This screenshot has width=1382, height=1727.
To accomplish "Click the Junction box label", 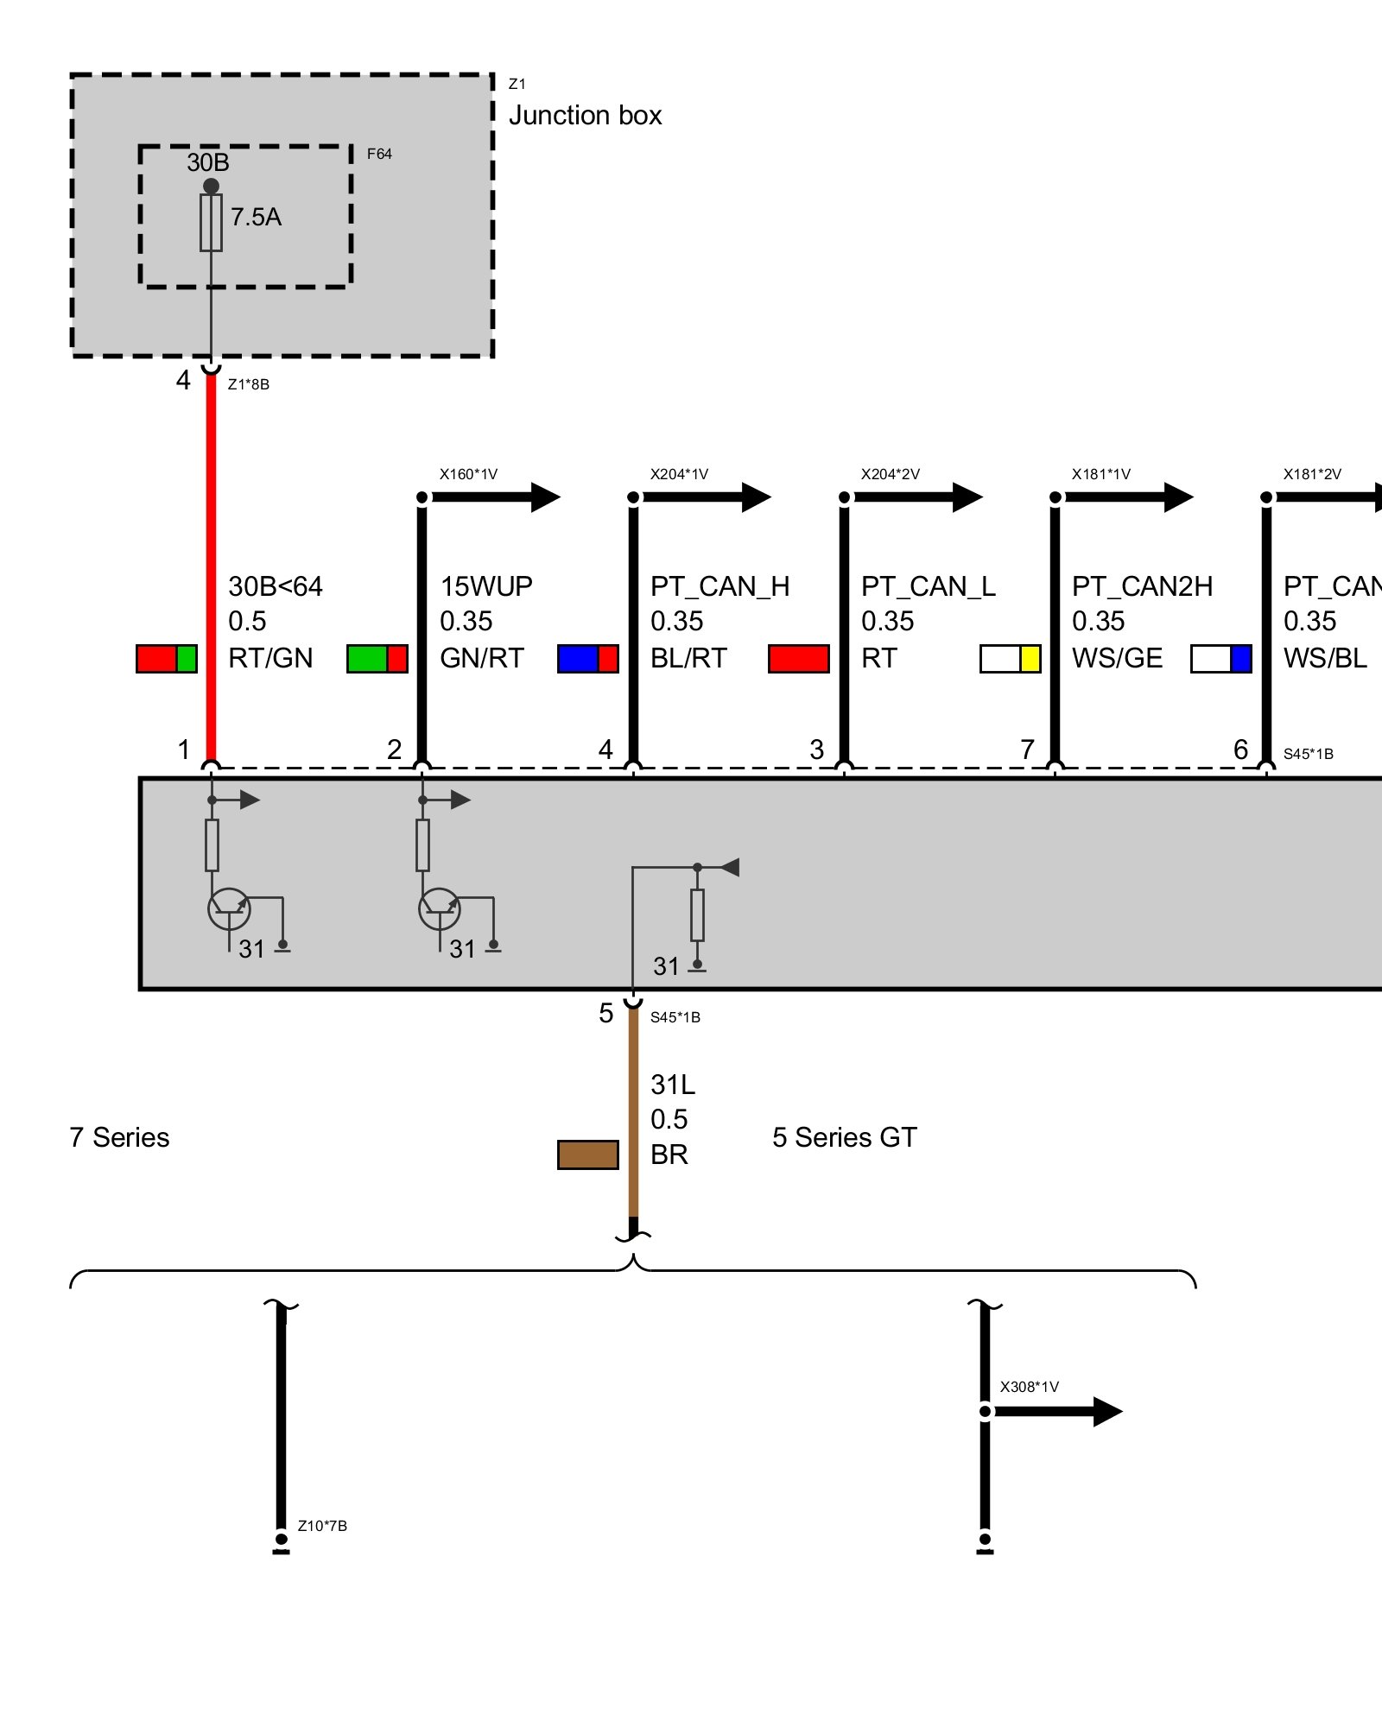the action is [585, 116].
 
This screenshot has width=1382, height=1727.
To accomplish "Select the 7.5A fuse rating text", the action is [256, 217].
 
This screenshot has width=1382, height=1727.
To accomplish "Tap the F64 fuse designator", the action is [379, 154].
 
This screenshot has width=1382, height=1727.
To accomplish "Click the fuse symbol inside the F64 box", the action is [211, 223].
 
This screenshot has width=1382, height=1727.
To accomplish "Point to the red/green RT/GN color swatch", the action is [167, 659].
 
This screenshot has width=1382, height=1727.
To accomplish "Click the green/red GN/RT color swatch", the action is [377, 659].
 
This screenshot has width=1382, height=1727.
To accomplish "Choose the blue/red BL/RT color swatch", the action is [588, 659].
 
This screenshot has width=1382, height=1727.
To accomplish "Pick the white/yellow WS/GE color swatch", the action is [1011, 659].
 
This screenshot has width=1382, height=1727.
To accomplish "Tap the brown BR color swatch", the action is [588, 1154].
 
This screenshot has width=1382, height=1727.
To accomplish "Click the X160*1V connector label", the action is [468, 474].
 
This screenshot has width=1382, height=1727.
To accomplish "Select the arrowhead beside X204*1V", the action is [756, 497].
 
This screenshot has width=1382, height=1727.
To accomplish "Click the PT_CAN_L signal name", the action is [929, 587].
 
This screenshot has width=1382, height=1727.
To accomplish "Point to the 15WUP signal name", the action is [486, 587].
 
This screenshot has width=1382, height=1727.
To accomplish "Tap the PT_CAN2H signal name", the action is [1142, 587].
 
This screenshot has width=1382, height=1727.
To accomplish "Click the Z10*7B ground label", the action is [322, 1526].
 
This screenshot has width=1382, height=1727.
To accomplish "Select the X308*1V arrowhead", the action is [1107, 1412].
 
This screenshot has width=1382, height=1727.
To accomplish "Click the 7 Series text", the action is [119, 1137].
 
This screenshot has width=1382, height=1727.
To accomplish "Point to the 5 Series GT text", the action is [845, 1137].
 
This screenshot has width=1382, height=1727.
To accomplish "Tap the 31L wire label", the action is [673, 1085].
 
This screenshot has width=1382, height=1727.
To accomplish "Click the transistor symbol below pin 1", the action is [229, 909].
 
